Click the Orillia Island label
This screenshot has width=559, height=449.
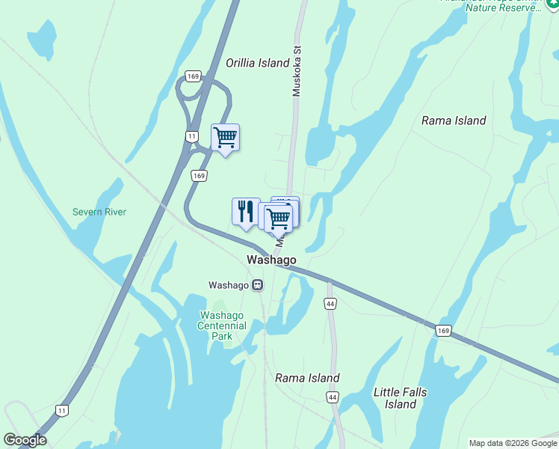pyautogui.click(x=258, y=64)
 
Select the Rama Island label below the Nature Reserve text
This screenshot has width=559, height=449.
pyautogui.click(x=454, y=120)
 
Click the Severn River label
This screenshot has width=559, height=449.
pyautogui.click(x=99, y=212)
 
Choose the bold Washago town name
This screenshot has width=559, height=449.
pyautogui.click(x=271, y=260)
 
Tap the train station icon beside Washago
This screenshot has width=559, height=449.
pyautogui.click(x=257, y=285)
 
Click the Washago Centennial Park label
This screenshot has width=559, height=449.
pyautogui.click(x=222, y=326)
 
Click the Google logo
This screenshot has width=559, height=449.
pyautogui.click(x=25, y=440)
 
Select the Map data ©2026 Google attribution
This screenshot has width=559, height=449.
pyautogui.click(x=513, y=443)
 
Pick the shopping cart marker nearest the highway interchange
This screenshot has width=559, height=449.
pyautogui.click(x=225, y=138)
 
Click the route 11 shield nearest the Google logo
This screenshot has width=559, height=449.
pyautogui.click(x=62, y=410)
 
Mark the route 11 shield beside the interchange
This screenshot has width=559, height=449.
pyautogui.click(x=192, y=135)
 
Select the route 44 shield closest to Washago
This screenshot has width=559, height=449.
pyautogui.click(x=330, y=303)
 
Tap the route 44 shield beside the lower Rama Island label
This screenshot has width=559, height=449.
pyautogui.click(x=333, y=397)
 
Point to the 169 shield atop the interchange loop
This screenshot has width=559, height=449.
pyautogui.click(x=194, y=76)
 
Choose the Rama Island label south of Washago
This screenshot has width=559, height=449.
pyautogui.click(x=307, y=378)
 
